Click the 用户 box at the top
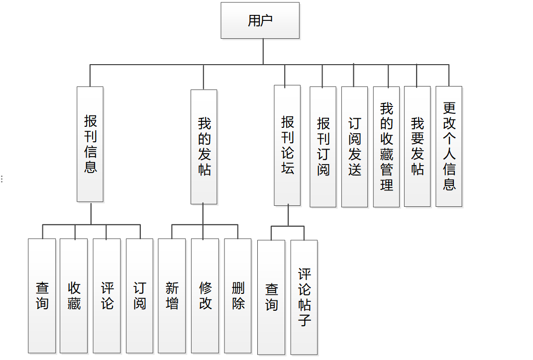(x=260, y=20)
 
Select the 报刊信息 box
(x=90, y=144)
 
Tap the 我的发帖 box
(x=204, y=147)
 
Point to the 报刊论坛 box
(x=287, y=145)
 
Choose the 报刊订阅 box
(x=323, y=147)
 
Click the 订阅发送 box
(x=354, y=147)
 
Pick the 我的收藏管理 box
(x=386, y=147)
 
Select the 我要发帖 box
(x=417, y=147)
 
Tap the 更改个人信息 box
(x=449, y=147)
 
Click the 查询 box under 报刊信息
(x=42, y=296)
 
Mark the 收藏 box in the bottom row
(x=74, y=296)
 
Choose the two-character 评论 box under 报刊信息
(x=107, y=296)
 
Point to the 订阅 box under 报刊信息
(x=140, y=296)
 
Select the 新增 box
(x=172, y=296)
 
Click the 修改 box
(x=205, y=296)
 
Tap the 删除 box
(x=238, y=296)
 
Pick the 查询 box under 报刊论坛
(x=271, y=297)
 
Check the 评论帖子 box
(x=304, y=297)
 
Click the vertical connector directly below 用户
(x=263, y=51)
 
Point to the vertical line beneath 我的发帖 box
(x=203, y=214)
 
